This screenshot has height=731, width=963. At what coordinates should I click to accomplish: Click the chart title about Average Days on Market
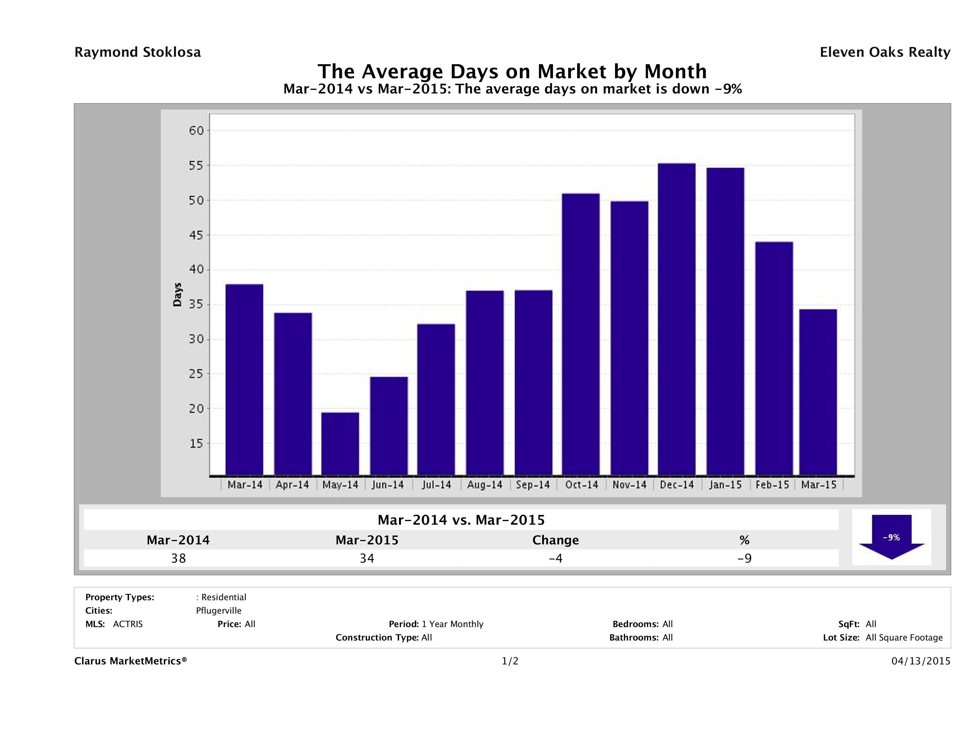point(512,71)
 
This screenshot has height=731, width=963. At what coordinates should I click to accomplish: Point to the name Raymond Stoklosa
point(138,52)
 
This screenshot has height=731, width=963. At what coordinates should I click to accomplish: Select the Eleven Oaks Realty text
point(885,52)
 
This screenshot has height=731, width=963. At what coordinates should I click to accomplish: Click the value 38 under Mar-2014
point(178,558)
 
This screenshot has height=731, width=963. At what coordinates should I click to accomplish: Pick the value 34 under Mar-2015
point(367,558)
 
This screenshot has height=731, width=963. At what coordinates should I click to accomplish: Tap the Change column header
point(556,540)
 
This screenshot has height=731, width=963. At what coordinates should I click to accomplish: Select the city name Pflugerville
point(218,611)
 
